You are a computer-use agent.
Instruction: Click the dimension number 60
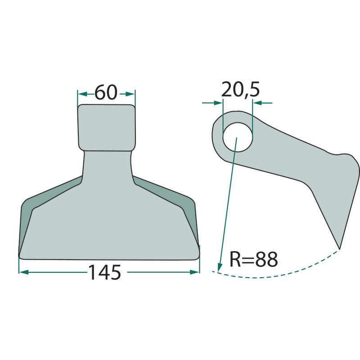point(106,92)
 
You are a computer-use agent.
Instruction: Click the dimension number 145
point(104,272)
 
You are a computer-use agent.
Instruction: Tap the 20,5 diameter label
point(240,89)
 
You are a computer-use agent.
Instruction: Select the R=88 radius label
point(254,260)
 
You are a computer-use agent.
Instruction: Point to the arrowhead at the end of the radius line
point(220,267)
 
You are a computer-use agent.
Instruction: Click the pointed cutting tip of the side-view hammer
point(339,248)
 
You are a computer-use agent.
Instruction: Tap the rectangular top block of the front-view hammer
point(107,128)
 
